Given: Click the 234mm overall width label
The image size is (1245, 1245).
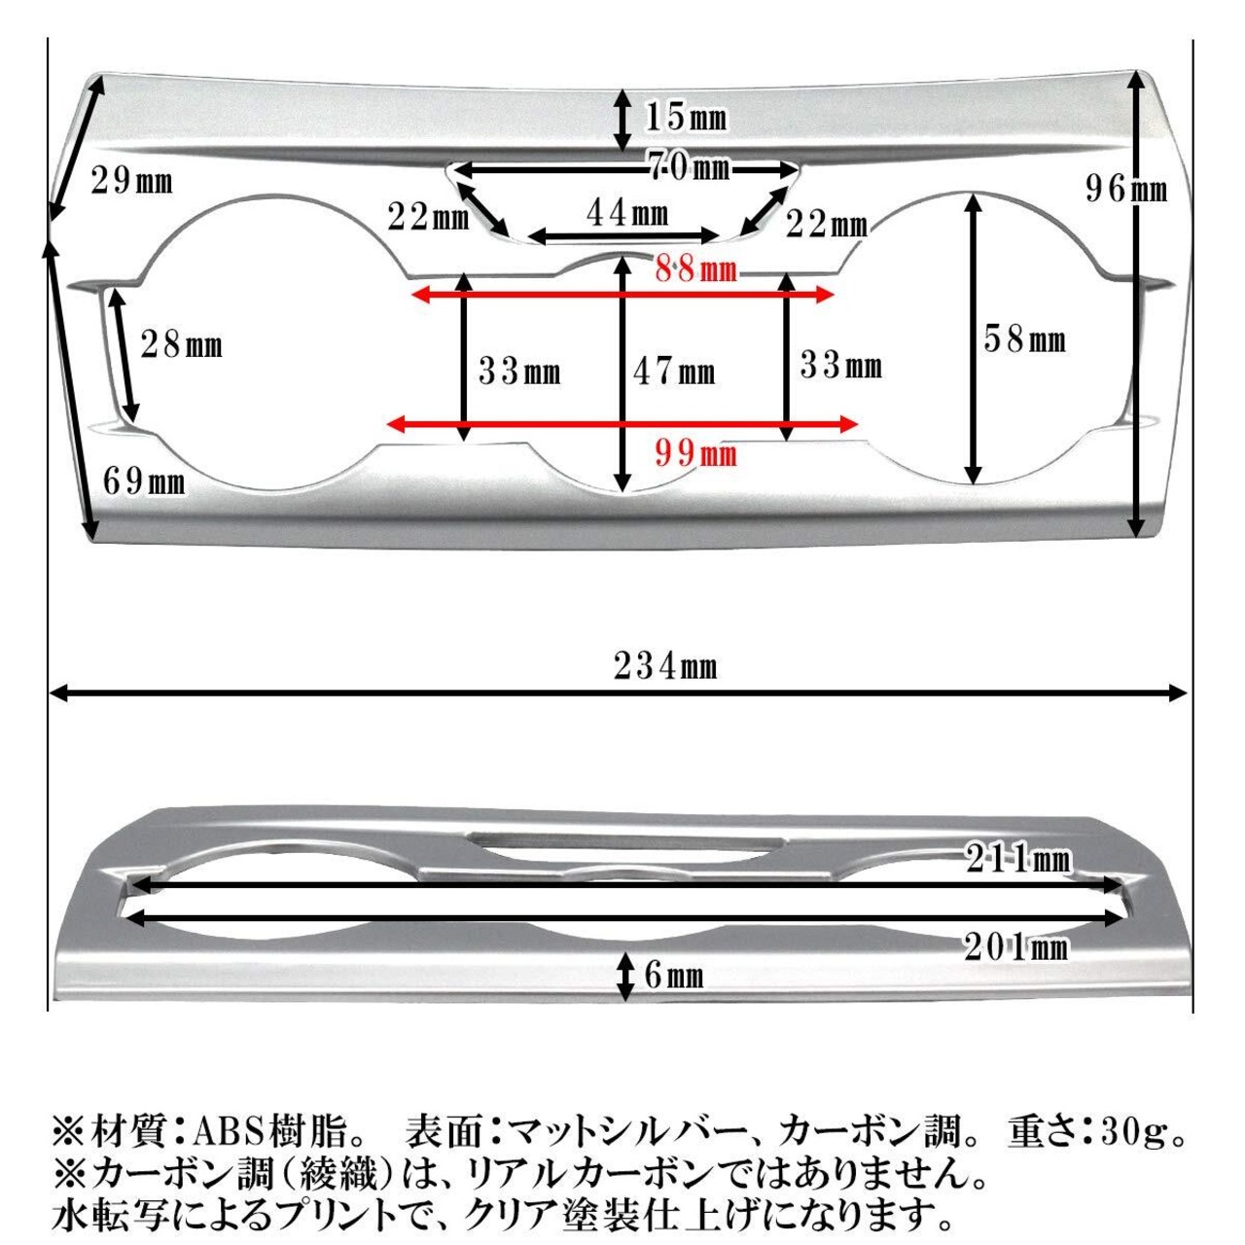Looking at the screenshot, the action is pyautogui.click(x=665, y=666).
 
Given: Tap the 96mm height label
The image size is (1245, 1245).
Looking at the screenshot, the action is pyautogui.click(x=1126, y=190).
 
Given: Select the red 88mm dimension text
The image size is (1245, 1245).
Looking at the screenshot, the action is pyautogui.click(x=695, y=268).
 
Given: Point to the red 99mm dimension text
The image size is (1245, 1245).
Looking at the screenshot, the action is pyautogui.click(x=695, y=453).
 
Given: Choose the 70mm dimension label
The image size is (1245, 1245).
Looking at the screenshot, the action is pyautogui.click(x=690, y=168).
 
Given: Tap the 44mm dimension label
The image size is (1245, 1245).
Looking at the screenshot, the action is pyautogui.click(x=627, y=213).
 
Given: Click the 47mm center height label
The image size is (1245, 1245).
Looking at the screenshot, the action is pyautogui.click(x=674, y=372).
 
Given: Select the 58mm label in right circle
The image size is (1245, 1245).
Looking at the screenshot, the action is pyautogui.click(x=1024, y=338).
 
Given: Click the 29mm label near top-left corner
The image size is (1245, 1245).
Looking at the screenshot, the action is pyautogui.click(x=132, y=180).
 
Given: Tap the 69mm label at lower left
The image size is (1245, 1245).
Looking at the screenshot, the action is pyautogui.click(x=144, y=481).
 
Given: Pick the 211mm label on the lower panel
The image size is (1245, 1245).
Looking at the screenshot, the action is pyautogui.click(x=1018, y=859).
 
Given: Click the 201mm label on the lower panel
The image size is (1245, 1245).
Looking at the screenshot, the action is pyautogui.click(x=1016, y=947).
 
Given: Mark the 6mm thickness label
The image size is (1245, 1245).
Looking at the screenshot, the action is pyautogui.click(x=674, y=976).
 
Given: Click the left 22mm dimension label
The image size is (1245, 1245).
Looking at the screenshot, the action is pyautogui.click(x=428, y=217).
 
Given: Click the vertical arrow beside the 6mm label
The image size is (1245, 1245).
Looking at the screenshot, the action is pyautogui.click(x=624, y=978).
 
